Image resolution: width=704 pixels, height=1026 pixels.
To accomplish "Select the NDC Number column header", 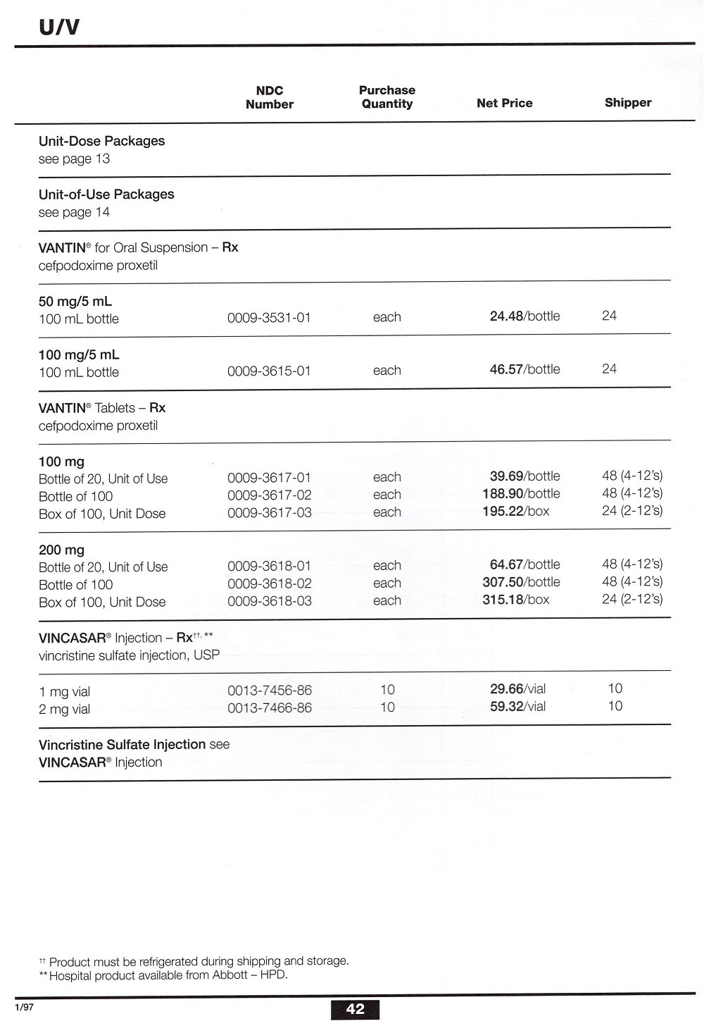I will point(269,97).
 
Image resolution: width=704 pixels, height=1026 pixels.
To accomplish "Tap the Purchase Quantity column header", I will point(386,97).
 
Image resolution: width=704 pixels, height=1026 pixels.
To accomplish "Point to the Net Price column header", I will point(504,103).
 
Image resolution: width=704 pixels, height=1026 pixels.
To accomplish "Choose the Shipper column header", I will point(627,102).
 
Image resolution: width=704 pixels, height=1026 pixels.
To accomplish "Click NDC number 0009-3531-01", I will point(269,318).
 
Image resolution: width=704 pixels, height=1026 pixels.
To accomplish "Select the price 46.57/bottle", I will point(524,369).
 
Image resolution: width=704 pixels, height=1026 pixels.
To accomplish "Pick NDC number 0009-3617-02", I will point(269,495).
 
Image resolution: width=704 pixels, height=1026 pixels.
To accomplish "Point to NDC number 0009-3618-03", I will point(269,601).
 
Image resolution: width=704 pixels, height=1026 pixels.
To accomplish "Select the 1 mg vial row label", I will point(64,692).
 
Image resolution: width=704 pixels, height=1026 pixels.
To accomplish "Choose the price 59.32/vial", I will point(517,706).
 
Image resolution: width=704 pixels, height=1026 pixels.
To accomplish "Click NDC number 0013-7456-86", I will point(269,691).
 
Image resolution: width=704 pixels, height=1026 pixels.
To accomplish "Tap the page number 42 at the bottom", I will point(355,1009).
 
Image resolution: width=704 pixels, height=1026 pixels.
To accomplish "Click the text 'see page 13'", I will point(74,159).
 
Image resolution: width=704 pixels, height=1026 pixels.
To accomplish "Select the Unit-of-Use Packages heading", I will point(106,194).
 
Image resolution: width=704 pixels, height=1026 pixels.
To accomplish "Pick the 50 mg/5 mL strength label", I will point(75,302).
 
